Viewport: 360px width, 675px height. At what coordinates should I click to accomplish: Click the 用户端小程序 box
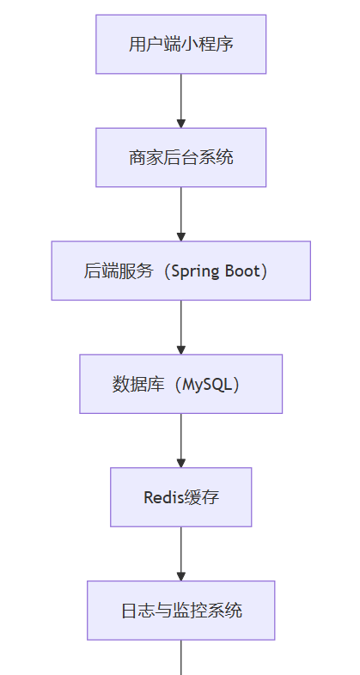point(181,45)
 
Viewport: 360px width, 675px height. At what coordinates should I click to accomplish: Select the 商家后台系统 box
point(181,157)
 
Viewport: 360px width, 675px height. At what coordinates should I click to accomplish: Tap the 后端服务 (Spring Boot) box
point(181,271)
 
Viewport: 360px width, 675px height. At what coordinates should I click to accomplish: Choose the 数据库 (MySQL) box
point(181,384)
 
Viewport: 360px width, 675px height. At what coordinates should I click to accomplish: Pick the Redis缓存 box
point(181,497)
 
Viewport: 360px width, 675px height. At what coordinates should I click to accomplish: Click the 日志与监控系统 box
point(181,611)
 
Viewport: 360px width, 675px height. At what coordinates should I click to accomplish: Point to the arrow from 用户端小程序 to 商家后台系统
point(181,101)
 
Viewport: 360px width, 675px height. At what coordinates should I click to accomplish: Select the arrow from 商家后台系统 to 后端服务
point(181,215)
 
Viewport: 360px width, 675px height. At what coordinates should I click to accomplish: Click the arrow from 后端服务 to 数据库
point(181,327)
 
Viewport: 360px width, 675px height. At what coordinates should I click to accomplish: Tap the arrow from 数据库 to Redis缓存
point(181,441)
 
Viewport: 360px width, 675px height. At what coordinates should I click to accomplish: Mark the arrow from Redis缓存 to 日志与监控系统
point(181,554)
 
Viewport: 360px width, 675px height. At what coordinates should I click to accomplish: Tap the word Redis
point(163,497)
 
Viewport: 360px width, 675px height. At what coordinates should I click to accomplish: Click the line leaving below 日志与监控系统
point(181,657)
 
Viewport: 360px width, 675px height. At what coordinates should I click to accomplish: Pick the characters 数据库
point(138,384)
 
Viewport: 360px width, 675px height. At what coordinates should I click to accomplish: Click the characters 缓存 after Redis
point(202,497)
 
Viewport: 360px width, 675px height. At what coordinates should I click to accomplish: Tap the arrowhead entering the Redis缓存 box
point(181,463)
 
